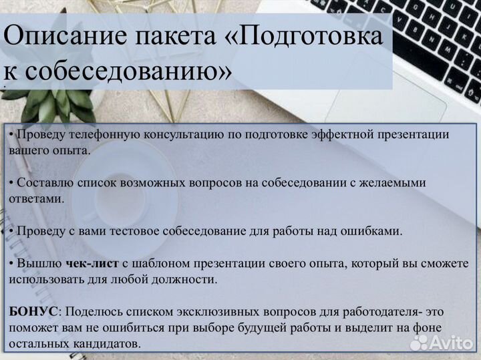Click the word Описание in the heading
tap(57, 36)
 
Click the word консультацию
tap(174, 134)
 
